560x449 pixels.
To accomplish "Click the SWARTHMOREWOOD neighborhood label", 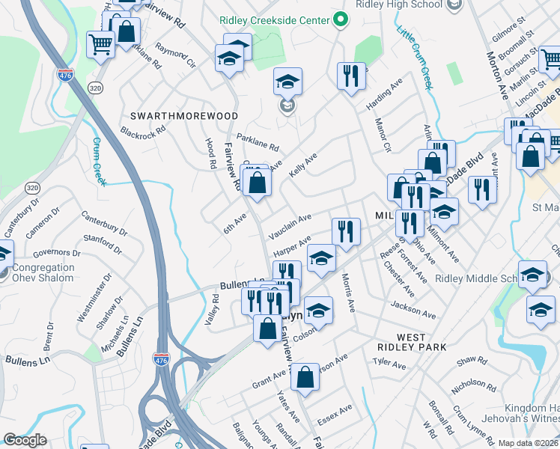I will tap(184, 116).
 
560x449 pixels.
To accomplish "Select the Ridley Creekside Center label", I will tap(275, 19).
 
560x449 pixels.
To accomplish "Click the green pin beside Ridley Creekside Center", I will tap(341, 19).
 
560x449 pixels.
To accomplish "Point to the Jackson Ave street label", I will tap(413, 310).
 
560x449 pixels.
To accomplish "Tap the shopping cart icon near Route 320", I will tap(100, 44).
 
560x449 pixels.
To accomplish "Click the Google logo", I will tap(25, 440).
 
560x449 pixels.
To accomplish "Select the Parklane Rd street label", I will tap(258, 142).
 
